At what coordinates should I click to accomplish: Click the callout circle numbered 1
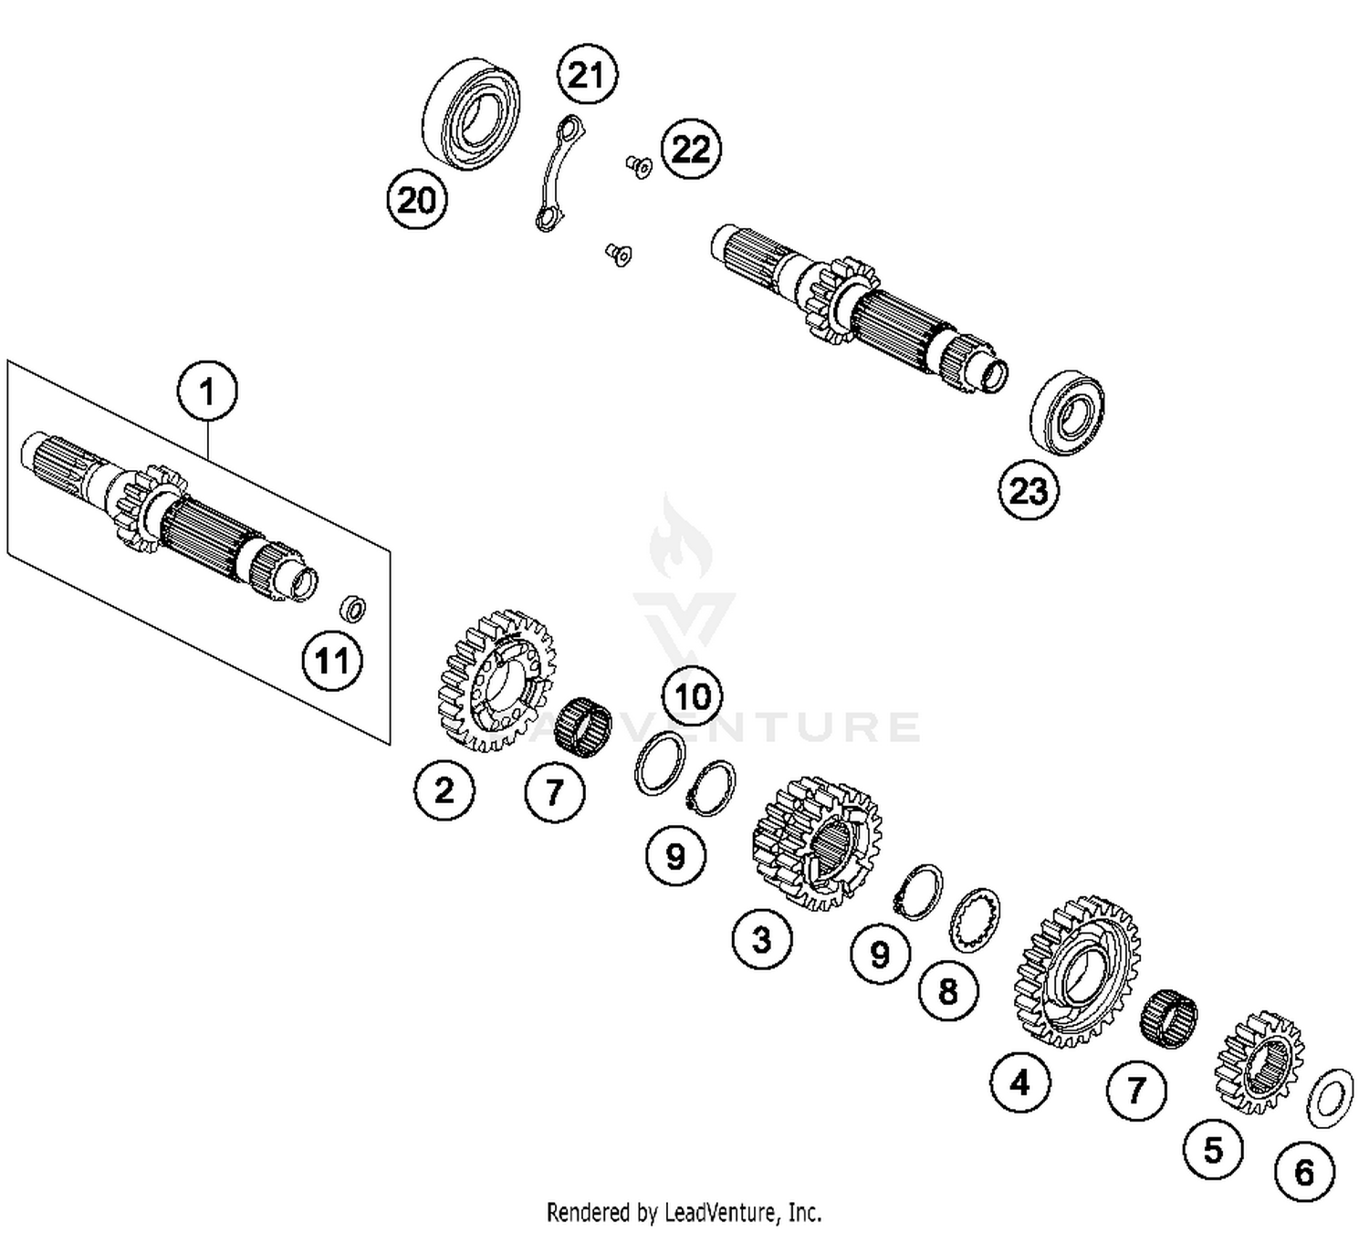pos(207,392)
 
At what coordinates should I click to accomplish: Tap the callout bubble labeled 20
pos(417,199)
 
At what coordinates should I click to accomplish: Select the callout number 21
pos(586,74)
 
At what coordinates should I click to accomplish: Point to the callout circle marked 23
pos(1029,490)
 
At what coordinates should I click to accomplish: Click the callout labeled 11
pos(332,660)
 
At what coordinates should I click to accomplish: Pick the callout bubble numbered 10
pos(692,696)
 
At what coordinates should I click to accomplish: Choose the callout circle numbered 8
pos(948,990)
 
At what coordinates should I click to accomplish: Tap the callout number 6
pos(1304,1171)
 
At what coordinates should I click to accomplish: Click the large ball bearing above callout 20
pos(472,114)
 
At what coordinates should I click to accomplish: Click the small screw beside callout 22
pos(639,166)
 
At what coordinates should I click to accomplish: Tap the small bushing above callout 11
pos(353,607)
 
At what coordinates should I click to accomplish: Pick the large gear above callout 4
pos(1077,969)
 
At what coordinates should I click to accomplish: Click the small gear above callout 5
pos(1259,1061)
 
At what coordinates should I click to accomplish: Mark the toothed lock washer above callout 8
pos(975,920)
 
